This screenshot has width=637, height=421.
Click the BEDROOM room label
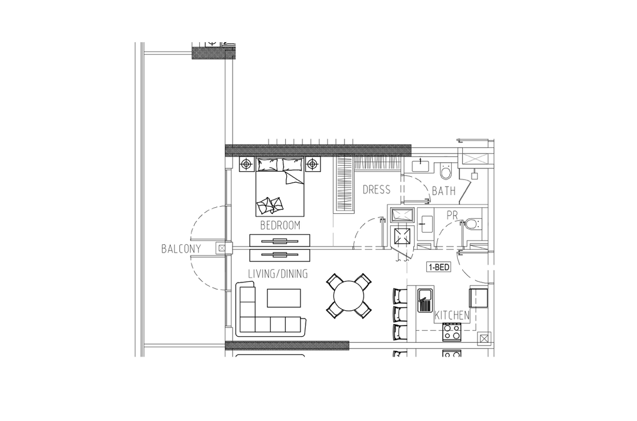click(280, 225)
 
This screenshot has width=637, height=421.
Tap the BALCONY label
click(181, 249)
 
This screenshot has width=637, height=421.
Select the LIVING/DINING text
click(278, 274)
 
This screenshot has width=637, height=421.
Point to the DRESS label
click(377, 189)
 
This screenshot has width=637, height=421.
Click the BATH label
click(444, 191)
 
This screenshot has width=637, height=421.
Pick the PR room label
click(452, 215)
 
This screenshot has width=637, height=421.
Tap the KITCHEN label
click(452, 315)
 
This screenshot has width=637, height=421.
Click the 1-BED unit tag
click(439, 267)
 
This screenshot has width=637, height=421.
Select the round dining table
click(349, 296)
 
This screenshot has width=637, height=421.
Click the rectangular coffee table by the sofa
click(284, 298)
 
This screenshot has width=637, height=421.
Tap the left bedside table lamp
click(246, 165)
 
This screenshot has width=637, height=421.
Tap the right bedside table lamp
click(312, 165)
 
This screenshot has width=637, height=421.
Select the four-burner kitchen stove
click(452, 331)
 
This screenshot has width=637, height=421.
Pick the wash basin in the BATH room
click(421, 166)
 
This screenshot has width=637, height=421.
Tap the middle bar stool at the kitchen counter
click(400, 313)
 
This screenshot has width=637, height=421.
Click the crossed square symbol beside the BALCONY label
click(221, 248)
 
